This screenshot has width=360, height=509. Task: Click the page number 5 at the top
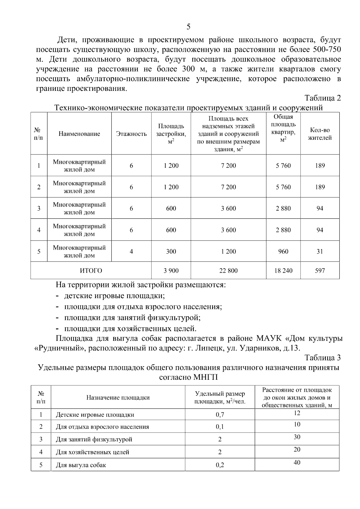188,27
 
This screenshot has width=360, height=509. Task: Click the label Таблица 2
322,98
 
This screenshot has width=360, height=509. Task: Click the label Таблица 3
322,358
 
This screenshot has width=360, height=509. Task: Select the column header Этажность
131,134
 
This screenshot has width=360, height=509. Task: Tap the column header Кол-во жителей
320,134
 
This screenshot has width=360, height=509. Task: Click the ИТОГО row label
91,271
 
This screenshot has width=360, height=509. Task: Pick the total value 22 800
228,271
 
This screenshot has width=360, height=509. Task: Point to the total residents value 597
320,271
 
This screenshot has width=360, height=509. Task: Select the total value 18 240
283,271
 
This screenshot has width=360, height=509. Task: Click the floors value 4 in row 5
131,251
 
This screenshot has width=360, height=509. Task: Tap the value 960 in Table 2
283,251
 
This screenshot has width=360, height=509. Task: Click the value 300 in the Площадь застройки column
171,251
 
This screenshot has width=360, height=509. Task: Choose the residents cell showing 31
320,251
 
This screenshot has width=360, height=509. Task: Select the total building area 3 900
171,271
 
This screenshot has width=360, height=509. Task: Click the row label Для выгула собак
81,465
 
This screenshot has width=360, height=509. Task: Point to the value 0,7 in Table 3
220,415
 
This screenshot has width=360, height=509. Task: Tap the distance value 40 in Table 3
297,462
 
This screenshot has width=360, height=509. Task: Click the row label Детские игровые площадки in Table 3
95,415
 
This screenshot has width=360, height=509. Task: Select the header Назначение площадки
118,397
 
